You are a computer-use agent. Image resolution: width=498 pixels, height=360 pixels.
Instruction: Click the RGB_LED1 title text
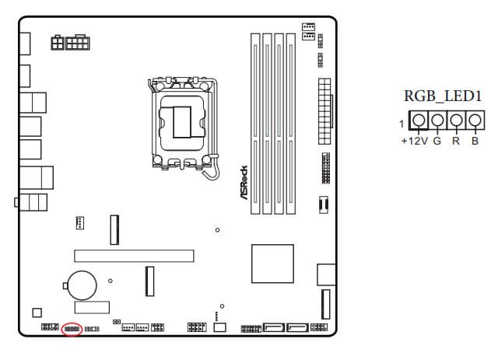click(443, 96)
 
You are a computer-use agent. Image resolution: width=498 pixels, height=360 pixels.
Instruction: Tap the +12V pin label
click(415, 141)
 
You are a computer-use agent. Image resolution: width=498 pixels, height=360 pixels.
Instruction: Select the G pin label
click(437, 141)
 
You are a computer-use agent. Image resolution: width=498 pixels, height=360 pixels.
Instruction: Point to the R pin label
click(456, 141)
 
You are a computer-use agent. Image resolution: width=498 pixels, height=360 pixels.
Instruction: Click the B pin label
click(475, 141)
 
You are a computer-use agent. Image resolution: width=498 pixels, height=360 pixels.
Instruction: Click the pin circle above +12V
click(419, 120)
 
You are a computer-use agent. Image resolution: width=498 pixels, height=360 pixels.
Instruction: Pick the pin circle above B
click(475, 120)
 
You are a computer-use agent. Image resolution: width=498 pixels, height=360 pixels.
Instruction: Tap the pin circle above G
click(437, 120)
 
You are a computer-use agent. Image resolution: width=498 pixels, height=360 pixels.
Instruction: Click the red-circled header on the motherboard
click(72, 329)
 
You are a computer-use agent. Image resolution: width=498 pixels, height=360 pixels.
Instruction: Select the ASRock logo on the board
click(244, 183)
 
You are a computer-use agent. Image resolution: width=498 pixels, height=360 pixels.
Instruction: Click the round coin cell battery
click(82, 285)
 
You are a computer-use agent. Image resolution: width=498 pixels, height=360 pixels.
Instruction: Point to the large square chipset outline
click(272, 264)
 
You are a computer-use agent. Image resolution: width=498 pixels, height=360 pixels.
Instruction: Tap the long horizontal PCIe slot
click(134, 256)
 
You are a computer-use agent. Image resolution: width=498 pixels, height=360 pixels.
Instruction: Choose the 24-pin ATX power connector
click(325, 111)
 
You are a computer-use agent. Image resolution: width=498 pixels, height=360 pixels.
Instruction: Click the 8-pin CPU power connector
click(78, 42)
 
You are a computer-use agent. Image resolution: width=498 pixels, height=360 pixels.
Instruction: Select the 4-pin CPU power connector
click(58, 42)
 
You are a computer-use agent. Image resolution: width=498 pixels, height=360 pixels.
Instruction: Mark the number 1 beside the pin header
click(402, 124)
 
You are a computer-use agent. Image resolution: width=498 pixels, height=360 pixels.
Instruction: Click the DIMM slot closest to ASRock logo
click(255, 124)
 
